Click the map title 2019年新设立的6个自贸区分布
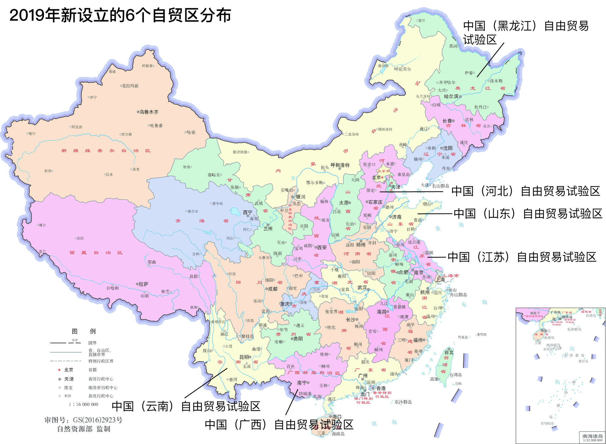[x=120, y=15]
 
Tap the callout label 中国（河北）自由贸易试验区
[x=526, y=191]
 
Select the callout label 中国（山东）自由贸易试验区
[x=528, y=213]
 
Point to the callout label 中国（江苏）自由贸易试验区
[x=522, y=257]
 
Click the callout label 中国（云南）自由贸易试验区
[x=186, y=406]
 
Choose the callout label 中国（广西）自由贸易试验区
[x=279, y=424]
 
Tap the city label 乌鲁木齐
[x=149, y=112]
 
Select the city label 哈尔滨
[x=451, y=96]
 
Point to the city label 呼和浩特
[x=340, y=165]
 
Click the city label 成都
[x=272, y=289]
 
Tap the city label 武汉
[x=362, y=288]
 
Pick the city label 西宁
[x=247, y=212]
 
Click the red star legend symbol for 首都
[x=59, y=370]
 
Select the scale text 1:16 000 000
[x=83, y=404]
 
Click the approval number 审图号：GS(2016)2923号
[x=83, y=420]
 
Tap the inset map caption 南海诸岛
[x=592, y=436]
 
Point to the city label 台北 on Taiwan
[x=449, y=352]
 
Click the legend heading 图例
[x=83, y=331]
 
